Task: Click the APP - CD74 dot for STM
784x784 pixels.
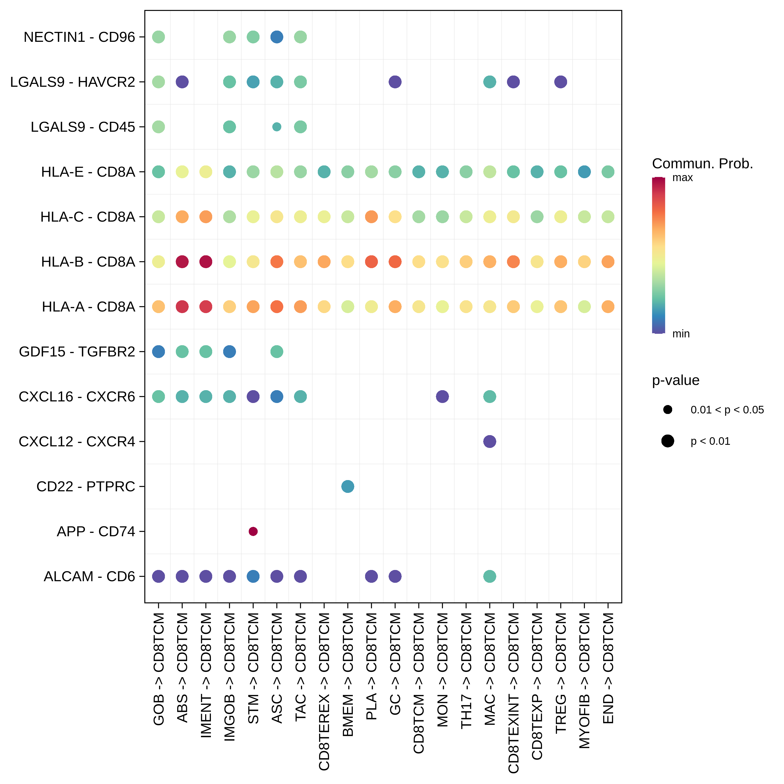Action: [253, 531]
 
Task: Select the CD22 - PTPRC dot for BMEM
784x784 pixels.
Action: [348, 486]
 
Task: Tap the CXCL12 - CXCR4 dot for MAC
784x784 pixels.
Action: [490, 441]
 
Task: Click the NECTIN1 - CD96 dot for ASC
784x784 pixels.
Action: [277, 37]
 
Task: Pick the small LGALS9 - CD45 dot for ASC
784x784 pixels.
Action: [277, 127]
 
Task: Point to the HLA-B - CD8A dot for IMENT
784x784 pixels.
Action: [206, 262]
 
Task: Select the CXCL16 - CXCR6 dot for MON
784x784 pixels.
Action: [442, 396]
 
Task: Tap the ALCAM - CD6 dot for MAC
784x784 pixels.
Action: [490, 576]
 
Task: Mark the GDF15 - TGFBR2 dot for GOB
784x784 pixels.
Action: [159, 351]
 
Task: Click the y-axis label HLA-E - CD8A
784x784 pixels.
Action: [88, 172]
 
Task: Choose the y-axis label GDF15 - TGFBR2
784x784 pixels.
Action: [77, 351]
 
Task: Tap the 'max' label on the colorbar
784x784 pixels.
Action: [683, 178]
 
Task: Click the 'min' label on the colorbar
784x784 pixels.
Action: [681, 333]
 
